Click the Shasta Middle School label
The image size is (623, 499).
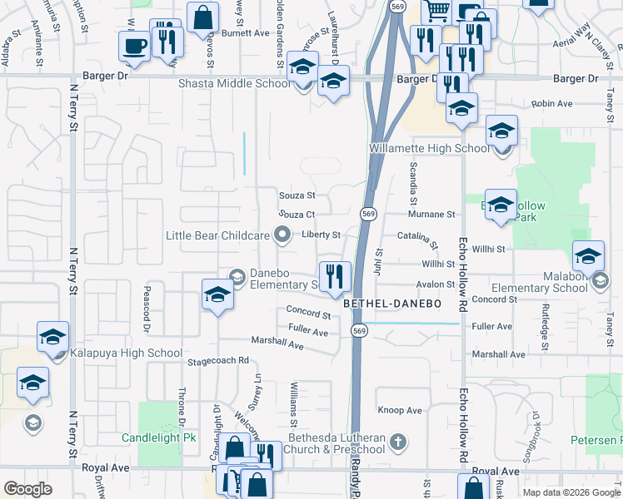click(234, 84)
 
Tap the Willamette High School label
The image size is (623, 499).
click(429, 149)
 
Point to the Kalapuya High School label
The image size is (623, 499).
click(125, 353)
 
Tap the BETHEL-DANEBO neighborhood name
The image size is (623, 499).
click(391, 305)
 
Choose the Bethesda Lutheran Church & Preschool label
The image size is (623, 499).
click(336, 443)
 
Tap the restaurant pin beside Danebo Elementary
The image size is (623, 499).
click(335, 277)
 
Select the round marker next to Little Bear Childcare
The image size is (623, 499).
click(282, 235)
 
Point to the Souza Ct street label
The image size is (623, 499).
click(296, 215)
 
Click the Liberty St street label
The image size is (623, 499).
click(321, 235)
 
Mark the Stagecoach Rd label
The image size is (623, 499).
click(218, 361)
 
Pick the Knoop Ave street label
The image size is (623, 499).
click(400, 410)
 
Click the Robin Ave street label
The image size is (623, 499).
click(551, 104)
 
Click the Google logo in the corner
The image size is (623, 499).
click(28, 488)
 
